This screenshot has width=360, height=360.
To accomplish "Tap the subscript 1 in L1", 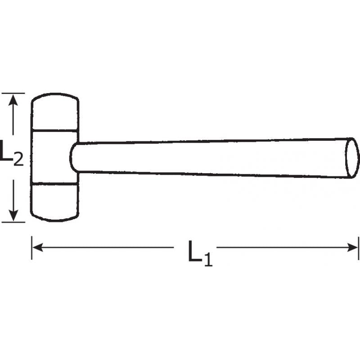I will click(208, 260).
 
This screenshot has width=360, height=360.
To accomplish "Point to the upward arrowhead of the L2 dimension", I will click(14, 99).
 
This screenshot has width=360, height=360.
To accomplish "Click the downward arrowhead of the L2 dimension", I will click(14, 215).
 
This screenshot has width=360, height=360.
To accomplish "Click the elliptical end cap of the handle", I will click(352, 157).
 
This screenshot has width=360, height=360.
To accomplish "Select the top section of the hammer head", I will click(54, 113).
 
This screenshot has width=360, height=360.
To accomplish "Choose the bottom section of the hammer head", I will click(54, 202).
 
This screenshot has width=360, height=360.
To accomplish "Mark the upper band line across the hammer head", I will click(54, 131).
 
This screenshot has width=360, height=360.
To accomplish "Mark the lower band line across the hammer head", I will click(54, 184).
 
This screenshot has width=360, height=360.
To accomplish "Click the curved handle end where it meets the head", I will click(72, 157).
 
